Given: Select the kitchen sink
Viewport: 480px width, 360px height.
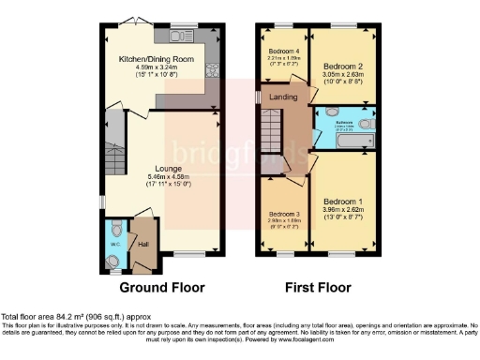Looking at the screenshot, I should tap(178, 37).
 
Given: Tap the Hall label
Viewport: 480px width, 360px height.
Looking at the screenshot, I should tap(143, 245).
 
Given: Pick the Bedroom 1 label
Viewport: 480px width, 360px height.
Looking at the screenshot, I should tap(342, 202).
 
